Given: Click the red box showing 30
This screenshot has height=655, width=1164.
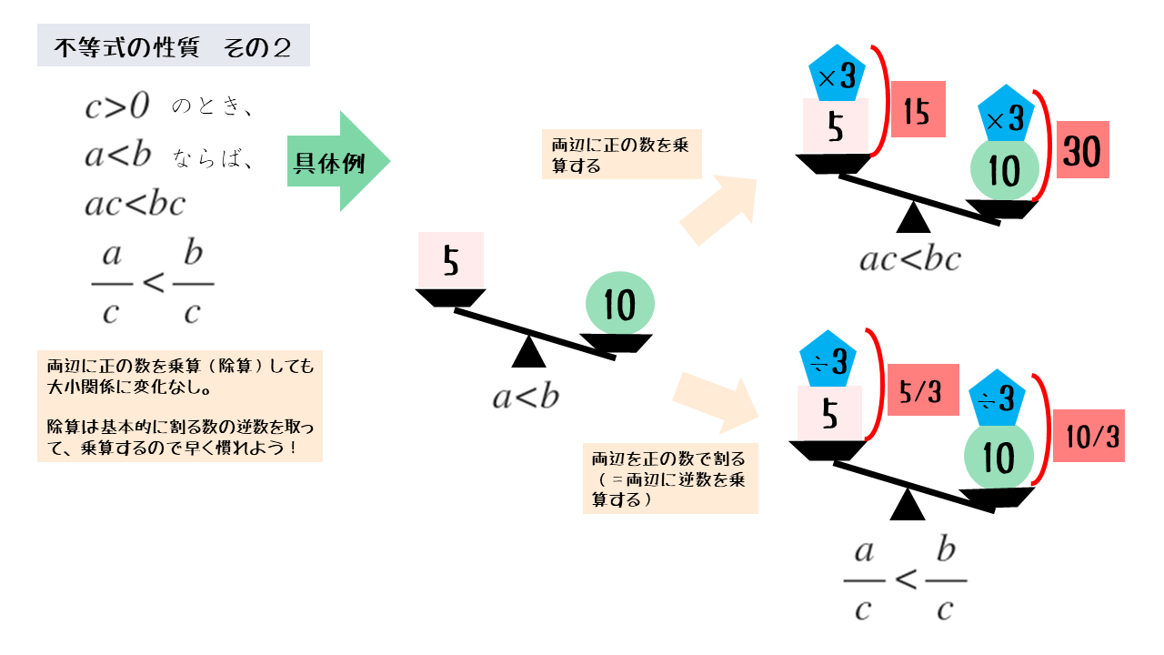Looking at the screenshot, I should click(1081, 153).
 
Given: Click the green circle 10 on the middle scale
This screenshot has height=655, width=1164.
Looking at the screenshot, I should click(619, 305).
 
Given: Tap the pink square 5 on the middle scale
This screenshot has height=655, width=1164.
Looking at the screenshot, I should click(451, 261).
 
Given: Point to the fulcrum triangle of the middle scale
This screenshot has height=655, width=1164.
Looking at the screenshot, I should click(528, 353).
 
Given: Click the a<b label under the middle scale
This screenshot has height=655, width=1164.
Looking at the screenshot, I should click(526, 397).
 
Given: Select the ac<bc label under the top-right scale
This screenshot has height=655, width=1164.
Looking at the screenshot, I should click(910, 260).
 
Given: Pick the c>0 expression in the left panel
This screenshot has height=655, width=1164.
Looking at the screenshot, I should click(116, 106).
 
